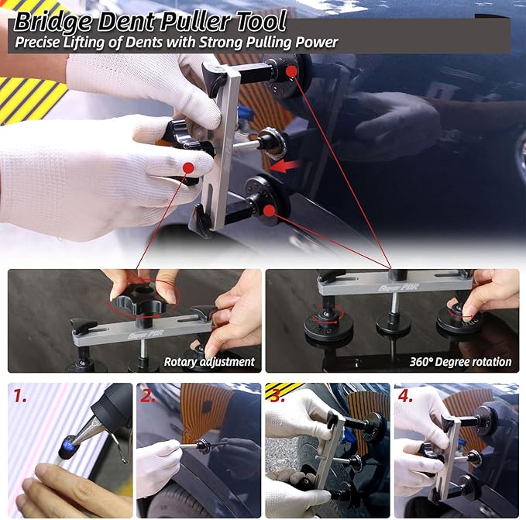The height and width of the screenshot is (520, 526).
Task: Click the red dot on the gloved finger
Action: pos(187,167)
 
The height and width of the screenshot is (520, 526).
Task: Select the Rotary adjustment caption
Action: pos(209,361)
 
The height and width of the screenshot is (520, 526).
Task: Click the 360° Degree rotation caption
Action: pos(460,361)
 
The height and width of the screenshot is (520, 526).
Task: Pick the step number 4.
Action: pos(405,396)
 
